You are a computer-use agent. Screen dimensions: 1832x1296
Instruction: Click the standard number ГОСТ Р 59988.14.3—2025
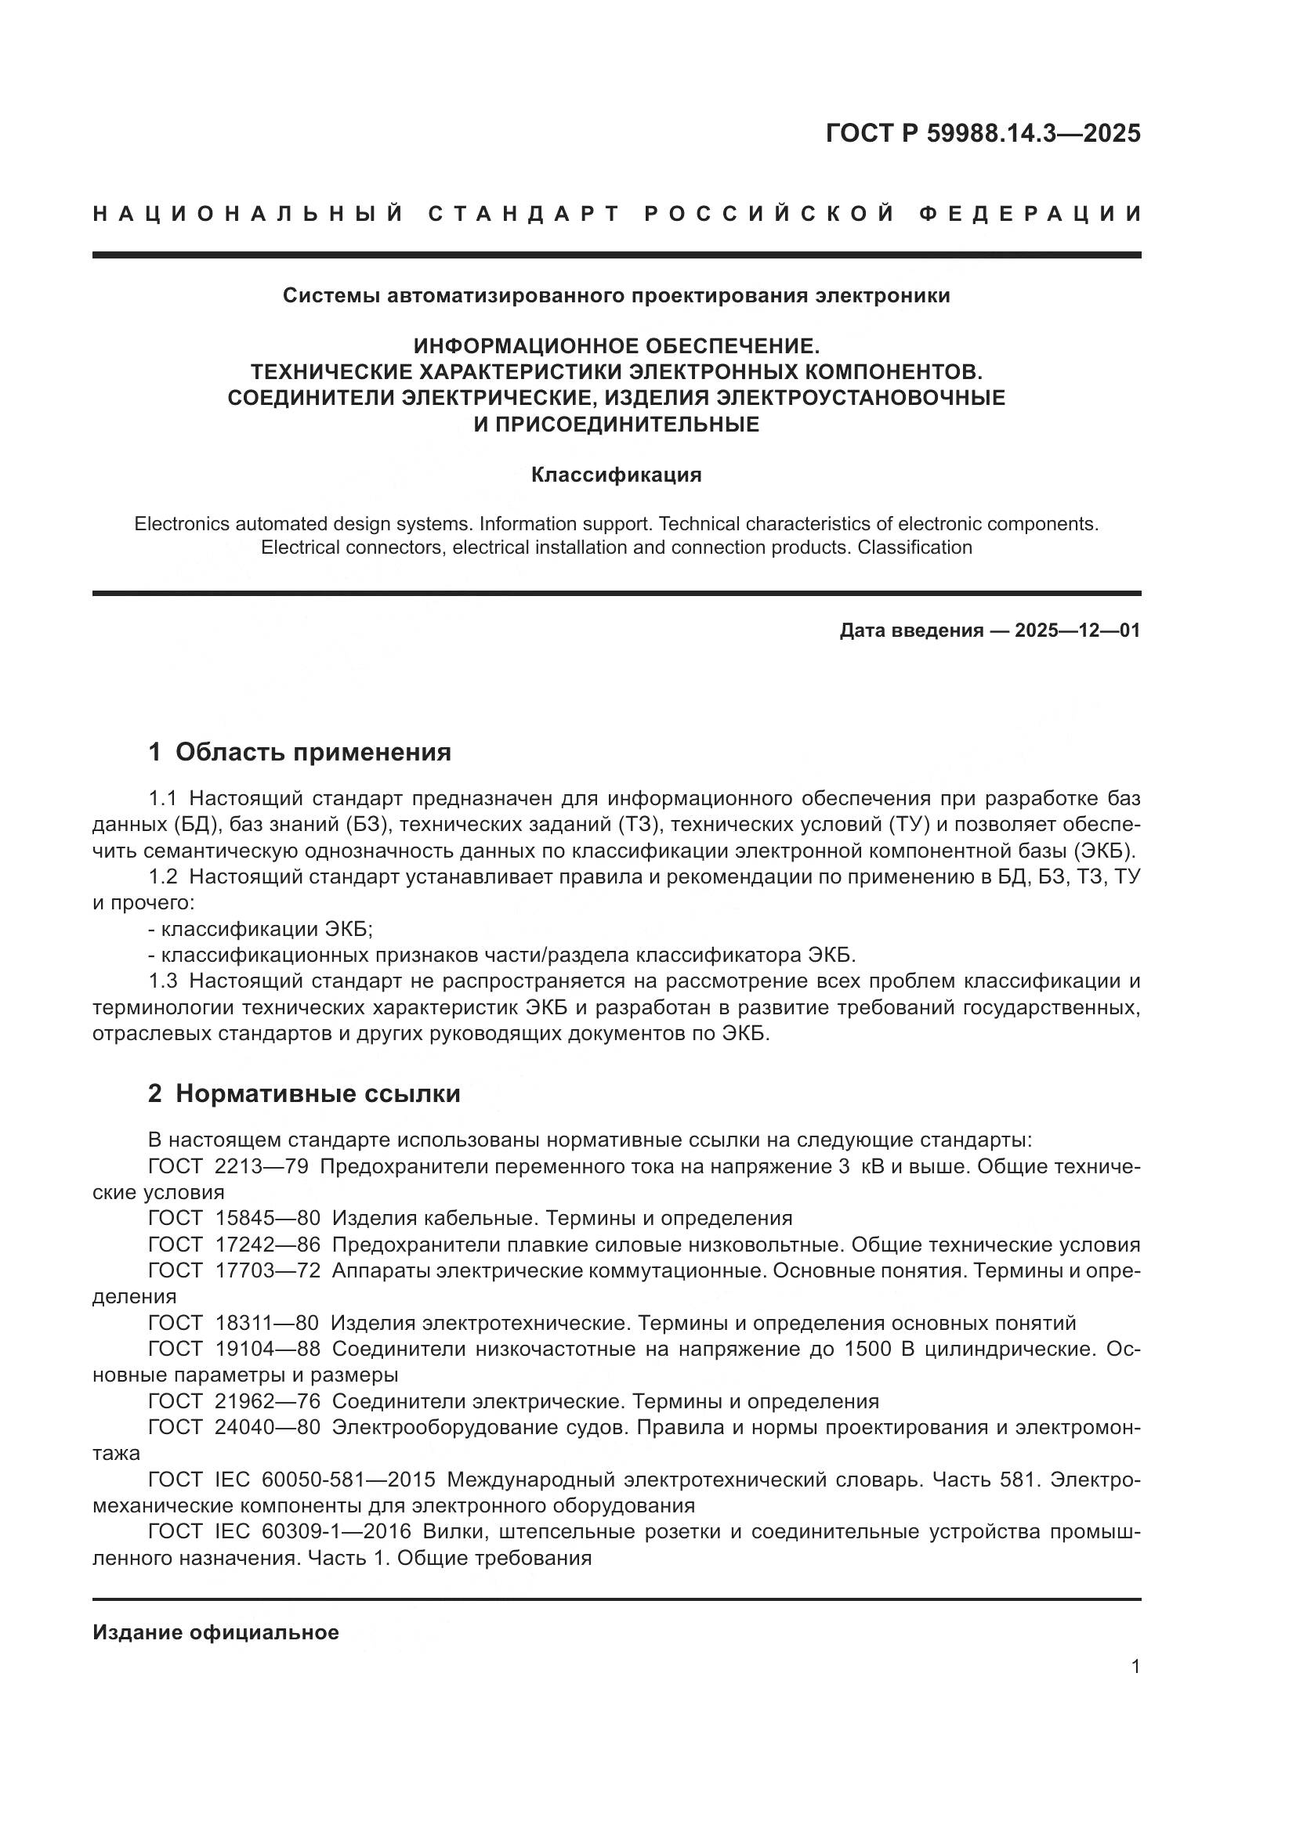point(983,133)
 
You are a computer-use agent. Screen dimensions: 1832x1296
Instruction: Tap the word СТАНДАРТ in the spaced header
point(524,214)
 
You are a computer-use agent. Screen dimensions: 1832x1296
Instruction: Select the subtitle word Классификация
point(616,475)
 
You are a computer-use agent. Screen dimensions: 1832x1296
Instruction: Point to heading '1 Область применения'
point(300,752)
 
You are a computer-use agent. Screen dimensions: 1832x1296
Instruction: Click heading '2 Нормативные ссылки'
point(304,1093)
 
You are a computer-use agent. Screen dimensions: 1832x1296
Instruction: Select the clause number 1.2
point(163,877)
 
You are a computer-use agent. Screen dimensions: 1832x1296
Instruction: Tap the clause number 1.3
point(163,981)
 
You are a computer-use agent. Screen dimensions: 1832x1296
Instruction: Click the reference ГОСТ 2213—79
point(228,1165)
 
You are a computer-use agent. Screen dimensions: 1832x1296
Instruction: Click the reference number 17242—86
point(267,1244)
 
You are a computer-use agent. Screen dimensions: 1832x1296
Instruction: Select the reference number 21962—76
point(267,1401)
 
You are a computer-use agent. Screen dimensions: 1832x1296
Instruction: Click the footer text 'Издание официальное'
point(215,1632)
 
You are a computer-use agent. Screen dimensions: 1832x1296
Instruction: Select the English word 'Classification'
point(914,547)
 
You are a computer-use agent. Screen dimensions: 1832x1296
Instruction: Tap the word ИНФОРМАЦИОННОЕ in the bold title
point(527,346)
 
